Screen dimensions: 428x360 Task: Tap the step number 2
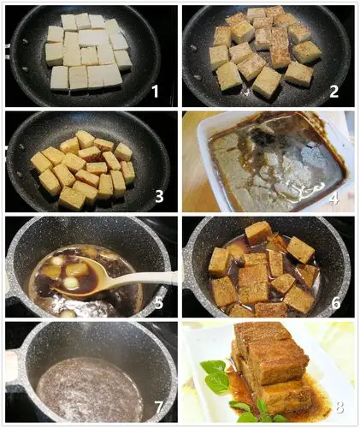[x=333, y=91]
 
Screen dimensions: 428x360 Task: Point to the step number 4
[x=334, y=201]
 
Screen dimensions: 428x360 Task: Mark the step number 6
[x=335, y=303]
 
